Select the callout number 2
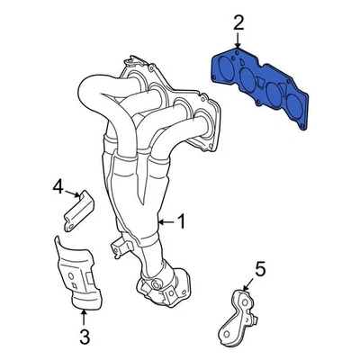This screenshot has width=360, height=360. click(238, 22)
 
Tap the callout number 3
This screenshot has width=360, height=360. click(84, 338)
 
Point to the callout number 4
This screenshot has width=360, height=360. click(58, 186)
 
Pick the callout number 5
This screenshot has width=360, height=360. click(260, 267)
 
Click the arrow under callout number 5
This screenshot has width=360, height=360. click(252, 282)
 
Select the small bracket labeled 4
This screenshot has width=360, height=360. click(78, 210)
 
